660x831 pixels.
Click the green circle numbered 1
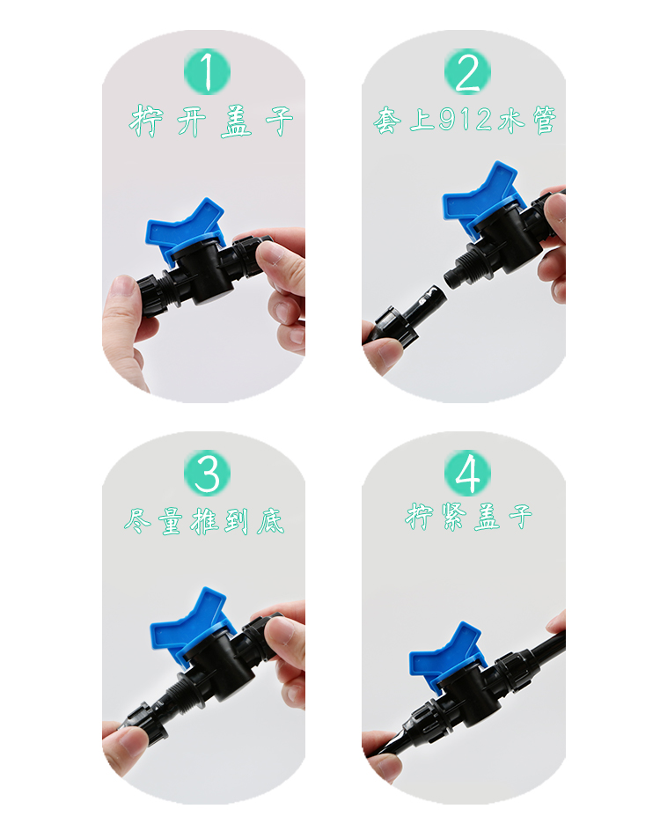point(207,72)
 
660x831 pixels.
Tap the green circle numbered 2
point(467,72)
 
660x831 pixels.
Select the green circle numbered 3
point(207,474)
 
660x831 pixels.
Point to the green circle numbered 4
point(467,474)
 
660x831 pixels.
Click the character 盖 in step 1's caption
point(236,121)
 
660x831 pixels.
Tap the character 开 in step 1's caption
point(191,121)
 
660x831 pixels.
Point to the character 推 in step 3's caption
point(204,521)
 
